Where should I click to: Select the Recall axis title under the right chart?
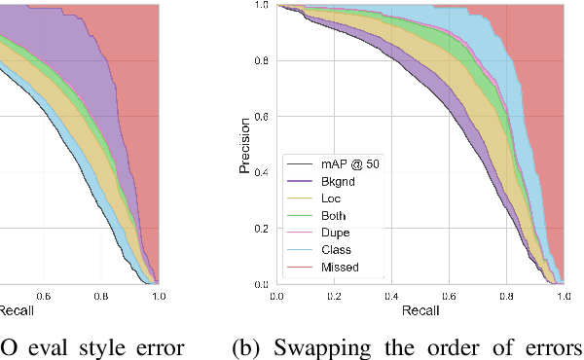tap(420, 310)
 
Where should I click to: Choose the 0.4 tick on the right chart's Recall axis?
tap(391, 295)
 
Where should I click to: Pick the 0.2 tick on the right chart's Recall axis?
tap(334, 295)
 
